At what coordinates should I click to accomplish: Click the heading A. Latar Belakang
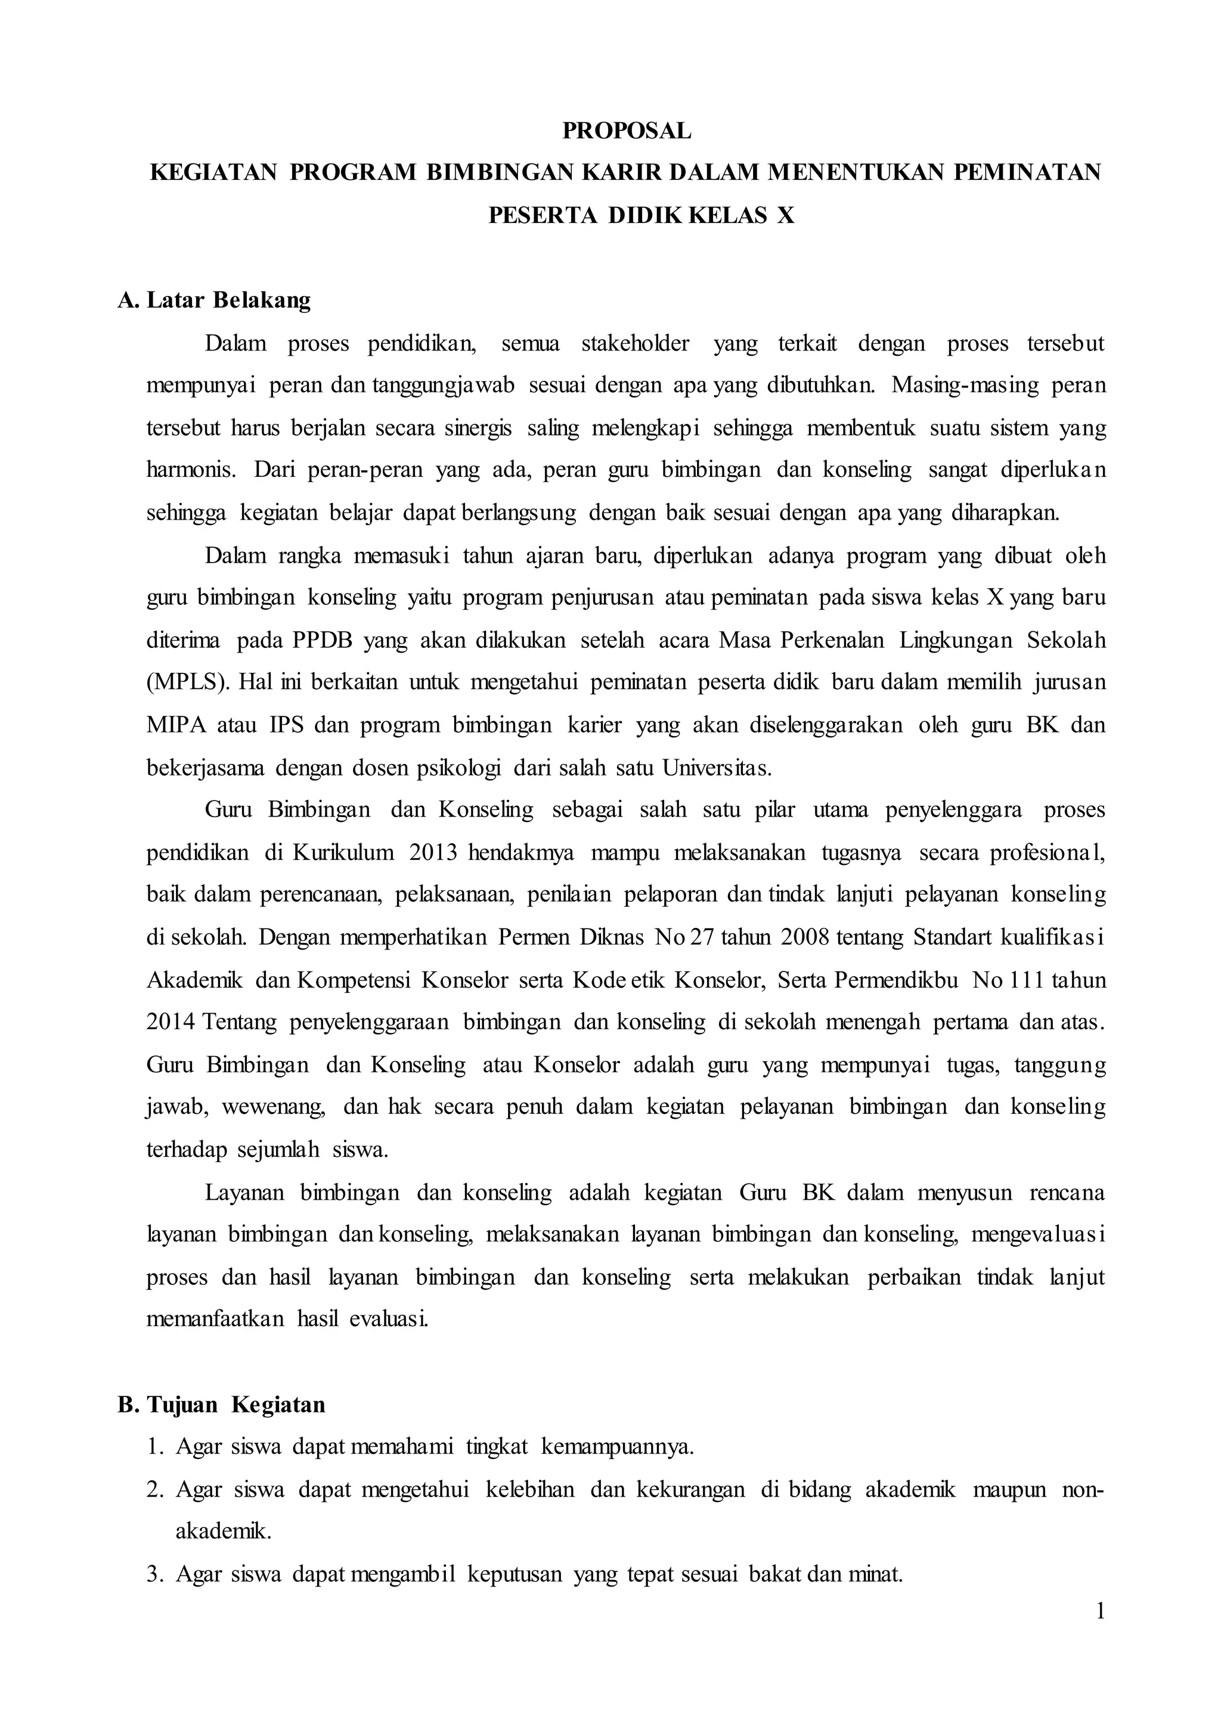[213, 300]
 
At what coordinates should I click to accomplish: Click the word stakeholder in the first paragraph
[634, 343]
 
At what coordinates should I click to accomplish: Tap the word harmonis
[190, 471]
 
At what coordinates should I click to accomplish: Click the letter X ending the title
[785, 216]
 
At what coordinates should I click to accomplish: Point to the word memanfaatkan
[215, 1320]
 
